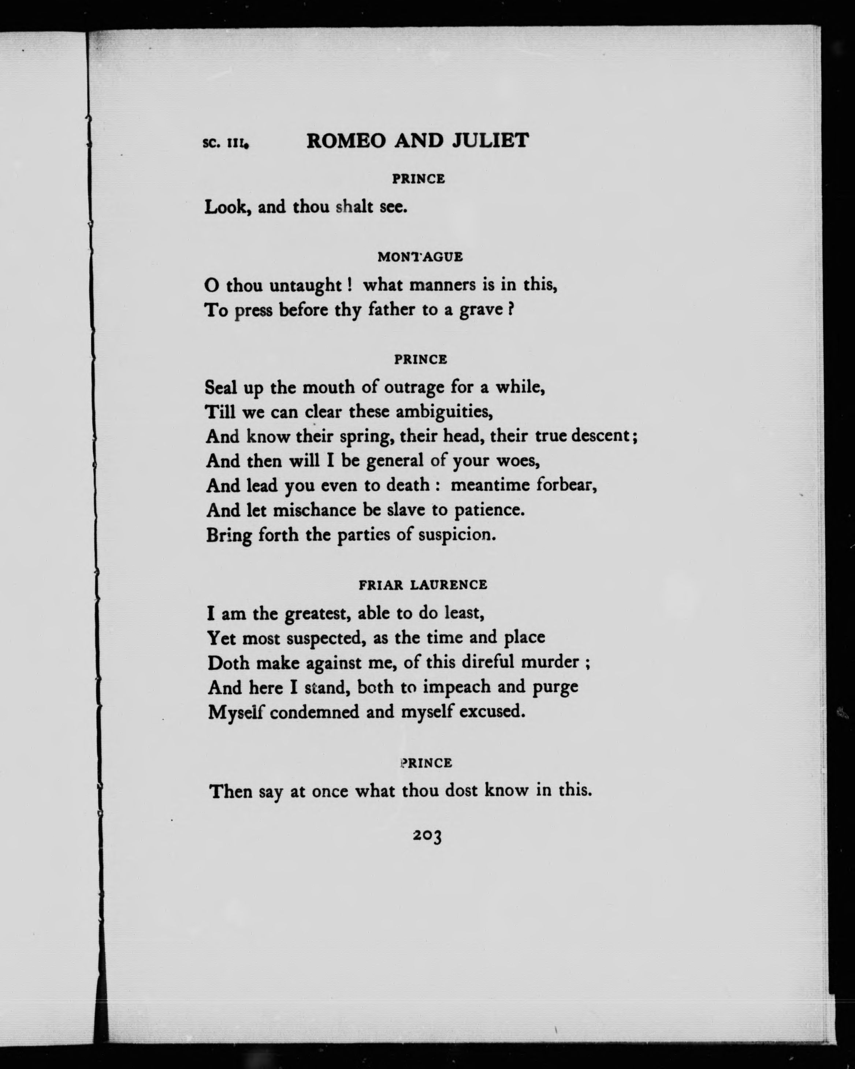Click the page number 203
(x=427, y=836)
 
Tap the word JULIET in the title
(x=490, y=141)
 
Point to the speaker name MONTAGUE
(x=420, y=257)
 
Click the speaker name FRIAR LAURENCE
(x=423, y=585)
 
